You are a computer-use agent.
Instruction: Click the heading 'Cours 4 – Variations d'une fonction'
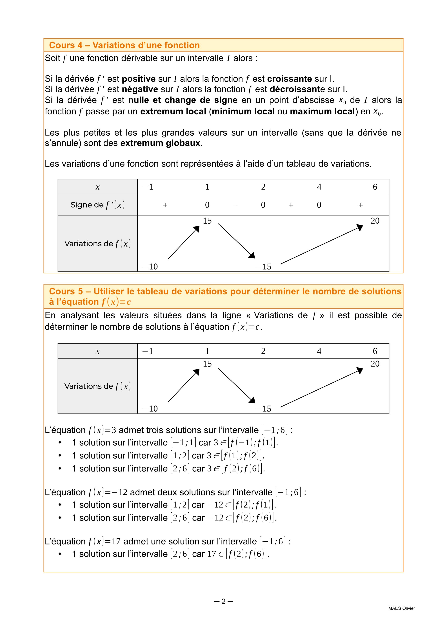pyautogui.click(x=124, y=45)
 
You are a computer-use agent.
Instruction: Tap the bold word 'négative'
pyautogui.click(x=140, y=90)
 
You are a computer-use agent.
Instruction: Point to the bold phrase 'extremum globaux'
pyautogui.click(x=160, y=143)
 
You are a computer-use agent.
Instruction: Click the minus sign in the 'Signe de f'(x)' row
pyautogui.click(x=235, y=205)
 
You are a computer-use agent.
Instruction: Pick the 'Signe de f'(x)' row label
pyautogui.click(x=97, y=205)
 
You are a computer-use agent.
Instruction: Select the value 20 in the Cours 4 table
pyautogui.click(x=375, y=221)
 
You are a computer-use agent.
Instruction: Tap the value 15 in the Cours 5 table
pyautogui.click(x=207, y=364)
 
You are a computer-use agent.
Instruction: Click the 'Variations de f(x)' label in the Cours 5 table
pyautogui.click(x=97, y=386)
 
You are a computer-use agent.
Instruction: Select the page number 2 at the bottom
pyautogui.click(x=223, y=601)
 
